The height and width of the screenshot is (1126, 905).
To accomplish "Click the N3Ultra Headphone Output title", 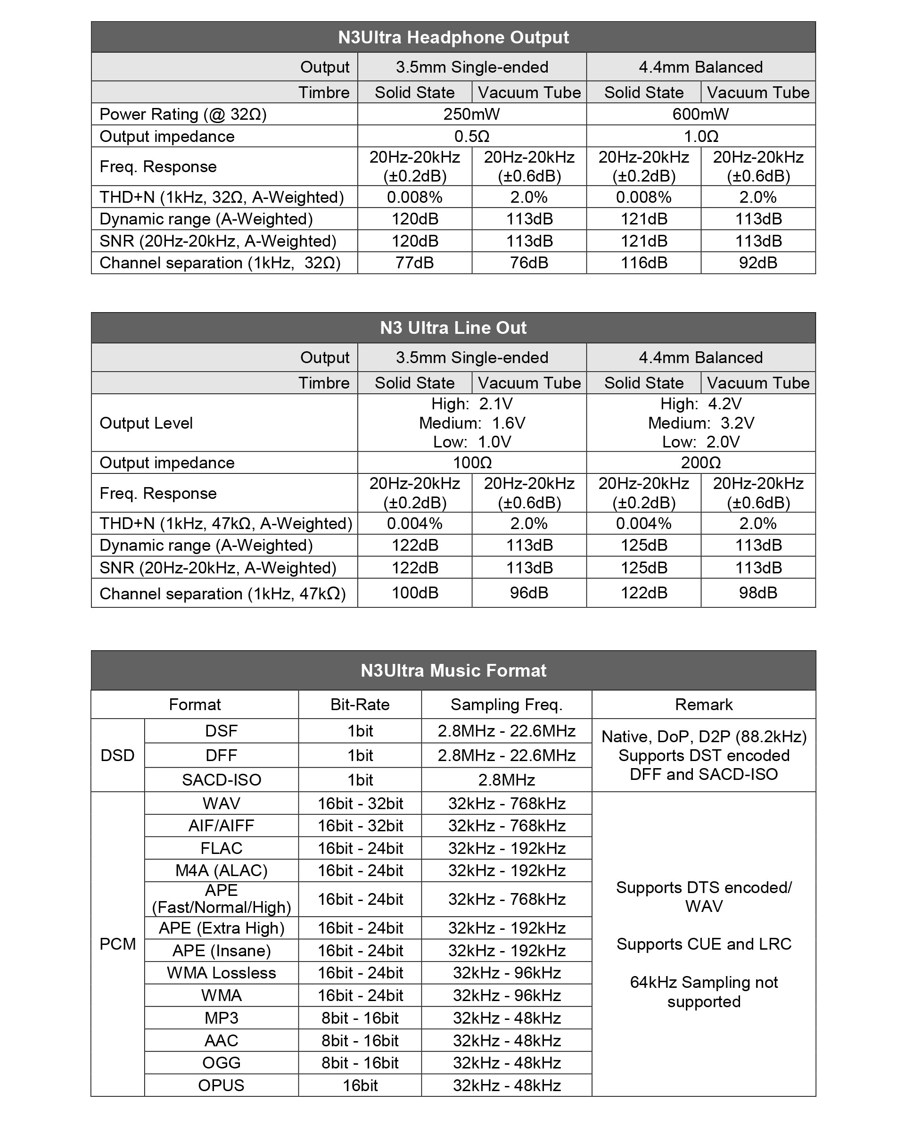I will coord(453,37).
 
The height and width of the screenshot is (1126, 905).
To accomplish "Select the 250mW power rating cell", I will coord(471,114).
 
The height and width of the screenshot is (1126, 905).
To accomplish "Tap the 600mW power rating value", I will coord(700,114).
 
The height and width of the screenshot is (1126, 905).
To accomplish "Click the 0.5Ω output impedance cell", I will coord(471,136).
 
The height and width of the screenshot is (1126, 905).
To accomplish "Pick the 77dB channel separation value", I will coord(414,263).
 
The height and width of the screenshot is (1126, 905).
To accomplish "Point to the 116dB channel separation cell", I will coord(643,263).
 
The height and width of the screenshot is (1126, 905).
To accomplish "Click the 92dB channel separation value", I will coord(758,263).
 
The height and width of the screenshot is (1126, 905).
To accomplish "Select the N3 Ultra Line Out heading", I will coord(453,327).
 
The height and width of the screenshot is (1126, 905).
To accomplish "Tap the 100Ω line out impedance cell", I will coord(471,463).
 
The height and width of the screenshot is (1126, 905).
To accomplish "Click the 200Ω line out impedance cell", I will coord(700,463).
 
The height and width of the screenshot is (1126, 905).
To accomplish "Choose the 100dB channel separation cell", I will coord(414,593).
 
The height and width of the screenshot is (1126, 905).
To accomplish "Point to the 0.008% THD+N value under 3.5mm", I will coord(414,198).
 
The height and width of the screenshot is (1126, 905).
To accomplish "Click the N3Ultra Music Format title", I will coord(453,670).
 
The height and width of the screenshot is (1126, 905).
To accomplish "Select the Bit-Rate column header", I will coord(360,704).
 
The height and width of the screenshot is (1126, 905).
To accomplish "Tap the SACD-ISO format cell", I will coord(222,780).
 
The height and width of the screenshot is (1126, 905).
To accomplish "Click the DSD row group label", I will coord(117,755).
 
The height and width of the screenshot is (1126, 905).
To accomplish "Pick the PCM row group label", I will coord(117,944).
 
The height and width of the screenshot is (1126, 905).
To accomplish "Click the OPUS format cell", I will coord(222,1085).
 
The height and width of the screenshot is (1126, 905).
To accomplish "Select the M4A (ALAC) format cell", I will coord(222,870).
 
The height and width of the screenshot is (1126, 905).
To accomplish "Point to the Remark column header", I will coord(703,704).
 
